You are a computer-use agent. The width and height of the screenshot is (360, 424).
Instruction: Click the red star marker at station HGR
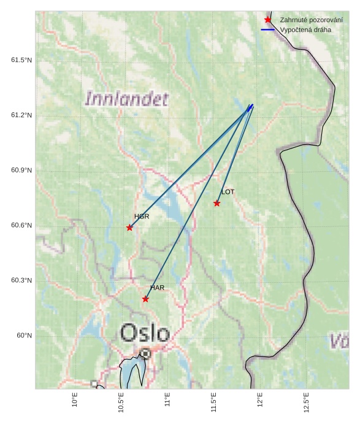point(129,228)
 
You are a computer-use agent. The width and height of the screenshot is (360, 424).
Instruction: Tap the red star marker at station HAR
point(145,299)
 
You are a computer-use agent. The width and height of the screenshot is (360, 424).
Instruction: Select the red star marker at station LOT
point(217,203)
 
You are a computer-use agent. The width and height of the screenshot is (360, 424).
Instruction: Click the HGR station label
point(142,217)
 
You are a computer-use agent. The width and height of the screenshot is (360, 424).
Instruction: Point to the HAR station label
point(158,288)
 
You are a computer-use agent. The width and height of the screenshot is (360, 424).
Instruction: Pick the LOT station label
point(228,192)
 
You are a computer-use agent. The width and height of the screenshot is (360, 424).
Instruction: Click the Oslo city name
point(145,333)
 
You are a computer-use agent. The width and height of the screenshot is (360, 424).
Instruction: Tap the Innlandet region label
point(126,99)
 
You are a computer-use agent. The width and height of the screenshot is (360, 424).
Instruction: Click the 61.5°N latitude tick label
point(21,60)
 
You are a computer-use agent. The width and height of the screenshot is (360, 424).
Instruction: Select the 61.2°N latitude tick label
point(21,115)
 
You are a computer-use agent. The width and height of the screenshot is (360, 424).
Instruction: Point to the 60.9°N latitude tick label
point(21,170)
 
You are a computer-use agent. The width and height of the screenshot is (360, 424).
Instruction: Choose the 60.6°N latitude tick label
point(21,225)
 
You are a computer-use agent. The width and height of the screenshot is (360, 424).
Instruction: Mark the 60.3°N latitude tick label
point(21,280)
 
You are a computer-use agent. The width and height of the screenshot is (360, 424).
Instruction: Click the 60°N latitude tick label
point(24,336)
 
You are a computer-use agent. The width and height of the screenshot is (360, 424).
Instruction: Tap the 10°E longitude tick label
point(75,399)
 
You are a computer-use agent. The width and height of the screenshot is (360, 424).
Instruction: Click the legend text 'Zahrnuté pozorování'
point(312,20)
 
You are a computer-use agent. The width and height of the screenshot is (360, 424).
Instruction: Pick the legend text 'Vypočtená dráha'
point(307,29)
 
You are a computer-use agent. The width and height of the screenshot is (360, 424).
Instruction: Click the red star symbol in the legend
point(268,20)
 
